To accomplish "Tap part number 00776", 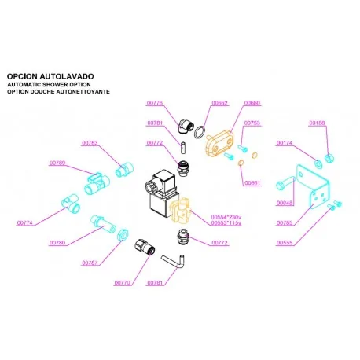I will click(x=155, y=103).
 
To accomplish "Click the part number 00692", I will click(x=221, y=103).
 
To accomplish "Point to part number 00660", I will click(x=253, y=103).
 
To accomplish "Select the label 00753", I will click(x=252, y=123).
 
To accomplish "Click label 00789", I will click(x=57, y=163).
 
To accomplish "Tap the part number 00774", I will click(x=25, y=223).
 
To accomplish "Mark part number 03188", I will click(x=317, y=123).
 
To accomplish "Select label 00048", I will click(x=285, y=203).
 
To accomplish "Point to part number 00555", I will click(x=285, y=243).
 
